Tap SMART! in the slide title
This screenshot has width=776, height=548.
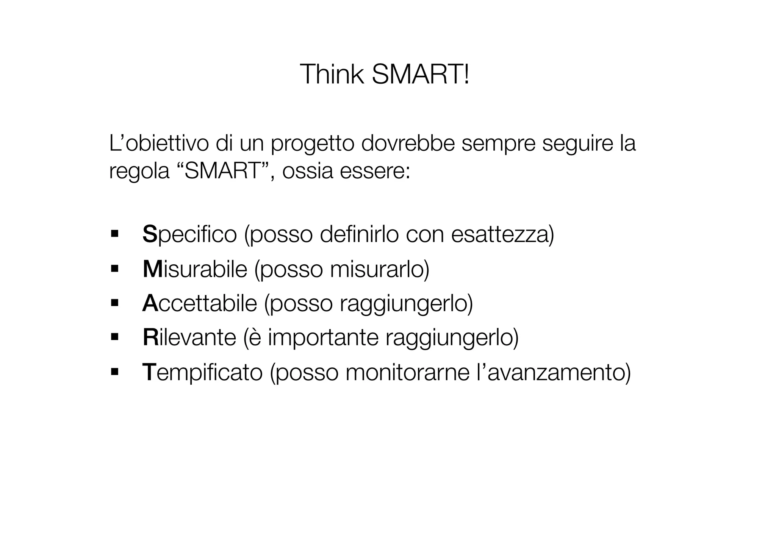(x=420, y=74)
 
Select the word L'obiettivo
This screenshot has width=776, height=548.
(x=159, y=144)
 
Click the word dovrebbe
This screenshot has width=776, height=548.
(x=408, y=144)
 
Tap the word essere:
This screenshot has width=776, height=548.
(x=375, y=171)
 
